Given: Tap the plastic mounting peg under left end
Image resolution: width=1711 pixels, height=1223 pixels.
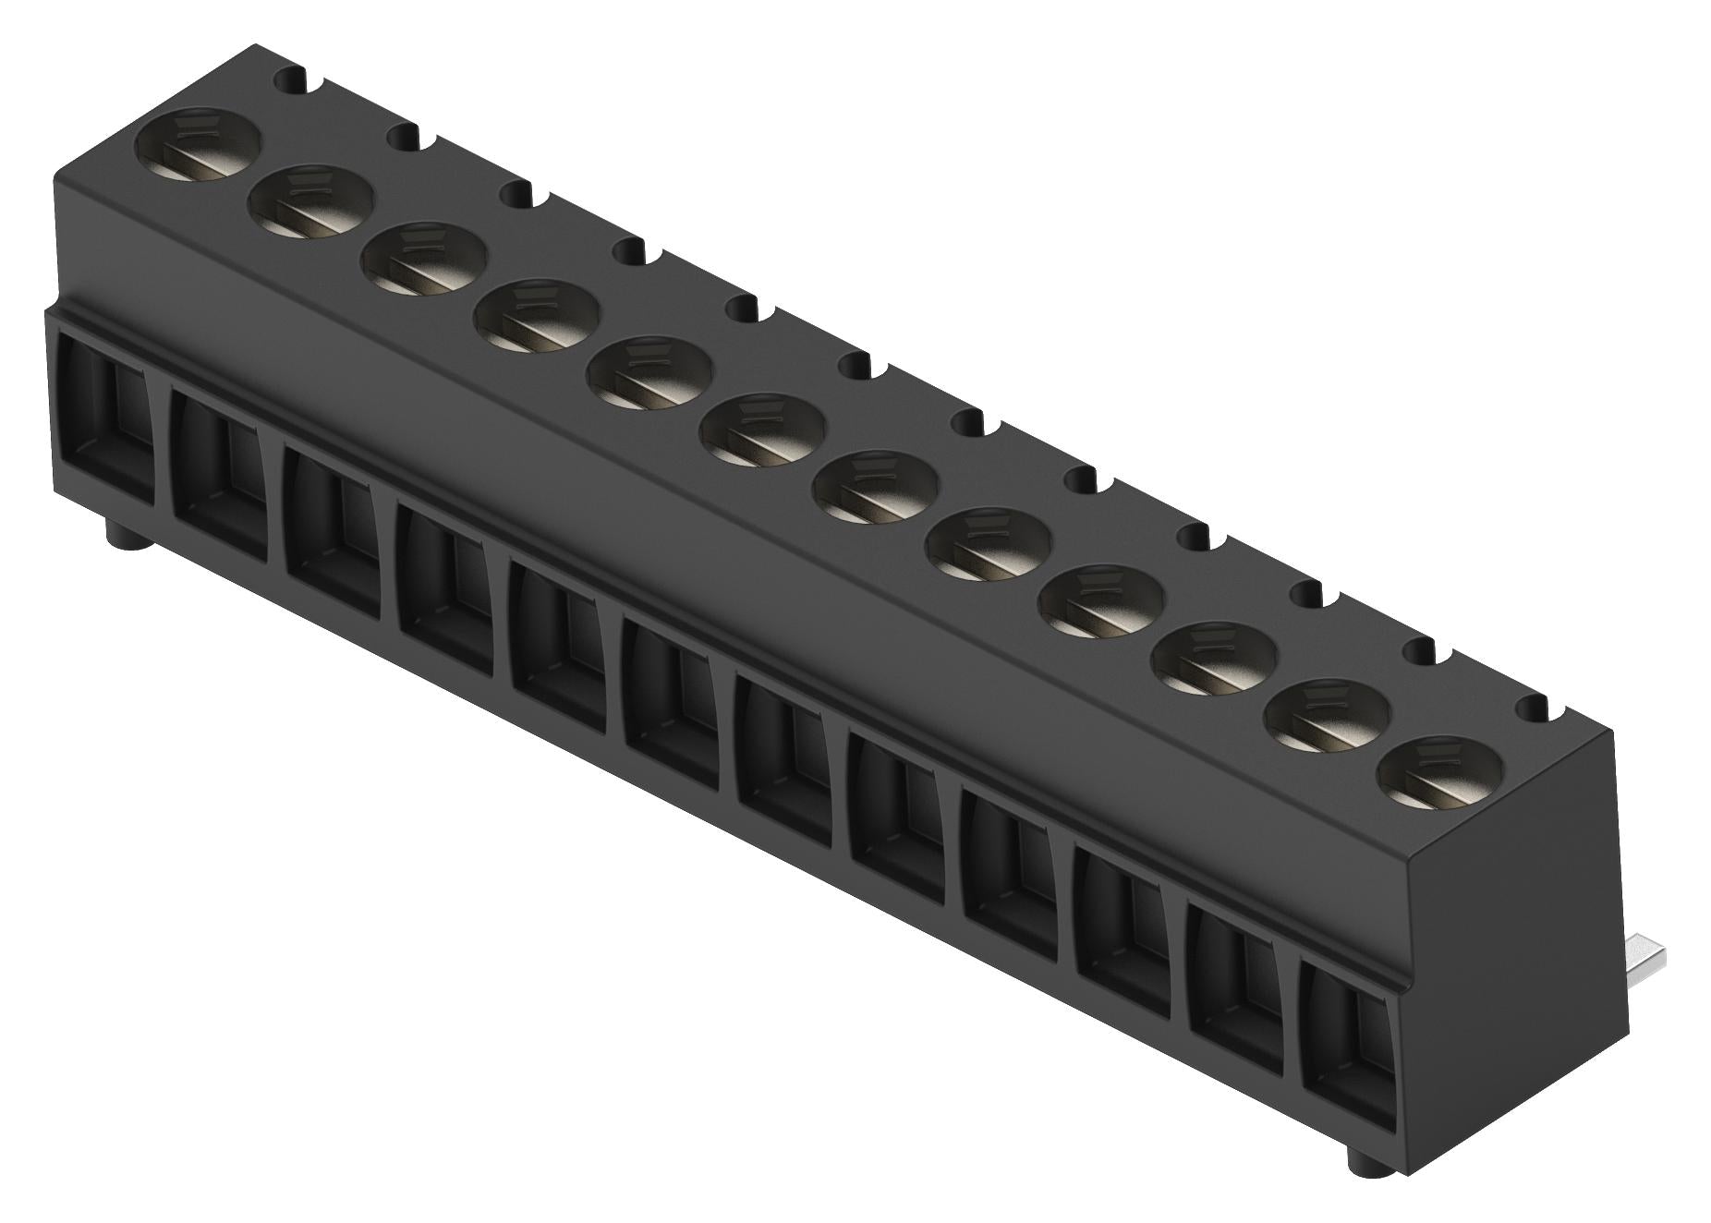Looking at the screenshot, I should pyautogui.click(x=119, y=533).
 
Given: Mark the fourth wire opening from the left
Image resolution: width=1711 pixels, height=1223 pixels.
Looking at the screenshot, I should pyautogui.click(x=443, y=592).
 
